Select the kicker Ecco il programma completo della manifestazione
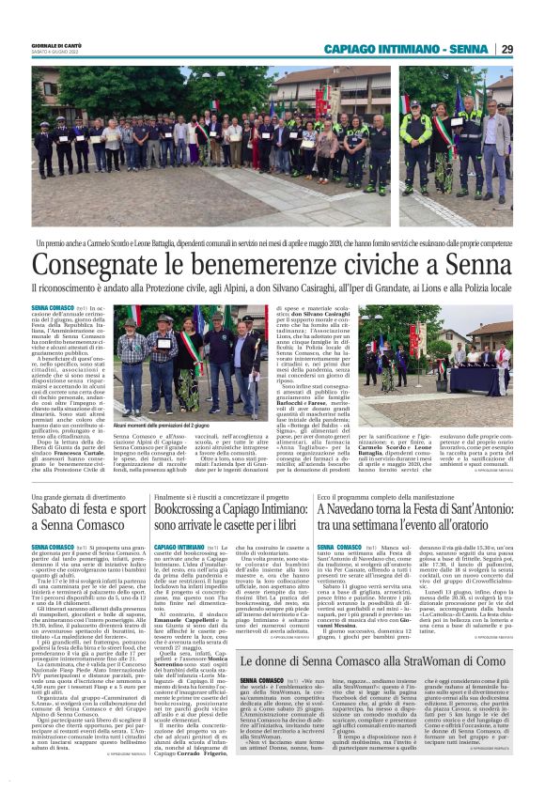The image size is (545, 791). click(x=396, y=495)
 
